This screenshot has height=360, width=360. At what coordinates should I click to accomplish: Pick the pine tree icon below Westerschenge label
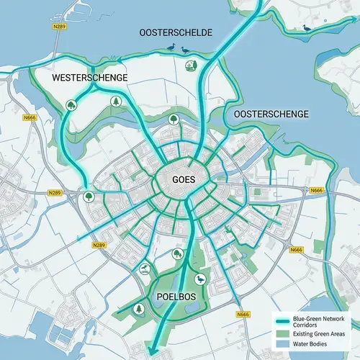tap(115, 102)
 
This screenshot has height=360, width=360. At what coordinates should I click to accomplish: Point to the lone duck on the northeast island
tap(308, 28)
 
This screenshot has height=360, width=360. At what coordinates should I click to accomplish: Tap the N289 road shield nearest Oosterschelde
tap(60, 26)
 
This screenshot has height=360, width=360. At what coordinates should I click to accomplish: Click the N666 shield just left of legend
tap(243, 315)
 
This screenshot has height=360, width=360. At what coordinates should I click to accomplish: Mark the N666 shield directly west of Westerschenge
tap(30, 117)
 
